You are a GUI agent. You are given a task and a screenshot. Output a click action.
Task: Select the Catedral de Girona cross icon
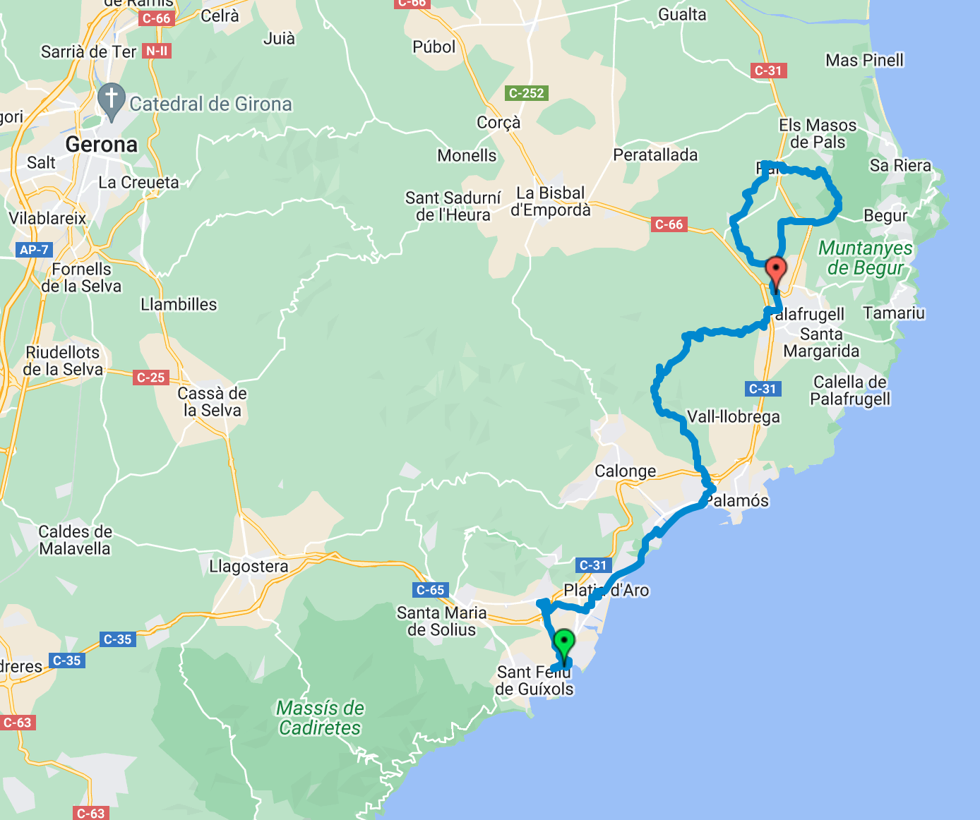(111, 100)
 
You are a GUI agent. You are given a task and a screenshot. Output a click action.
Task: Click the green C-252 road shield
(527, 92)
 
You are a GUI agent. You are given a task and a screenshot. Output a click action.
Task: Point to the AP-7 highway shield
(34, 249)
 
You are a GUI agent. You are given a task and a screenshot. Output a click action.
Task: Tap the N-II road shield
(156, 51)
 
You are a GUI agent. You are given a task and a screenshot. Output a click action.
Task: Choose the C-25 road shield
(150, 378)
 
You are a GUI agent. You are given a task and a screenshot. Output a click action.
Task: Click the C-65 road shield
(430, 590)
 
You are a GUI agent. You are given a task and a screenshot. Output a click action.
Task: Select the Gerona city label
(101, 145)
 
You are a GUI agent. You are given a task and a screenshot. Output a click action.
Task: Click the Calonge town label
(625, 471)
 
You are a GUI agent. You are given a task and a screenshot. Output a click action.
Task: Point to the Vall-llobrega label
(734, 416)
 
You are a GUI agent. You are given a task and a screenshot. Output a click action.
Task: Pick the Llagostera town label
(249, 566)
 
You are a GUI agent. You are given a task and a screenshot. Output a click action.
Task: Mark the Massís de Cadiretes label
(320, 718)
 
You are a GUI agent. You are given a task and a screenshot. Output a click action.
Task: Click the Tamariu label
(893, 313)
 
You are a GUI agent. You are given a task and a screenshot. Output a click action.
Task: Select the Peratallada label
(655, 155)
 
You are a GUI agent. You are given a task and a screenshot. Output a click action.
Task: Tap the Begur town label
(885, 215)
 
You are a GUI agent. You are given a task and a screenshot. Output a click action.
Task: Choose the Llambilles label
(179, 304)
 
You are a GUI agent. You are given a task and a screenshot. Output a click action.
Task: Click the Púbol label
(434, 47)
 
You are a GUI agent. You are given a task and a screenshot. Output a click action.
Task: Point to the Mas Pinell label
(864, 60)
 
